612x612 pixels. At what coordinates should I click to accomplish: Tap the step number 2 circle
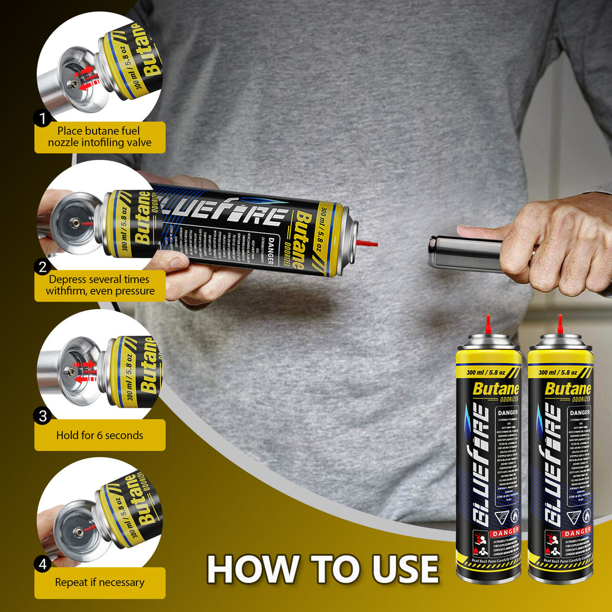42,267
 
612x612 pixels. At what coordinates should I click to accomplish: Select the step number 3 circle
42,416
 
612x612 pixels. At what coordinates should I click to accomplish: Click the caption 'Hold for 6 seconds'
100,435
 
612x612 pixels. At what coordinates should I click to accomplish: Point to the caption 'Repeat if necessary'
100,582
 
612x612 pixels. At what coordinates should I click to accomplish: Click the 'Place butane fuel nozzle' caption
100,137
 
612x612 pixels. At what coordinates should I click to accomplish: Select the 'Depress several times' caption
100,285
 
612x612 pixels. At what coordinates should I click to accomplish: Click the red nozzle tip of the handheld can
368,244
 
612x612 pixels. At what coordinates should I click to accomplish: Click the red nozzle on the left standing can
488,324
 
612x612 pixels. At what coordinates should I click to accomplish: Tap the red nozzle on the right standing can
560,324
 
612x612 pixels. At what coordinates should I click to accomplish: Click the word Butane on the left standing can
496,388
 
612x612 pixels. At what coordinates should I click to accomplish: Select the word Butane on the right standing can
568,388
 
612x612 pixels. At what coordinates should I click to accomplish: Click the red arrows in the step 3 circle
84,371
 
